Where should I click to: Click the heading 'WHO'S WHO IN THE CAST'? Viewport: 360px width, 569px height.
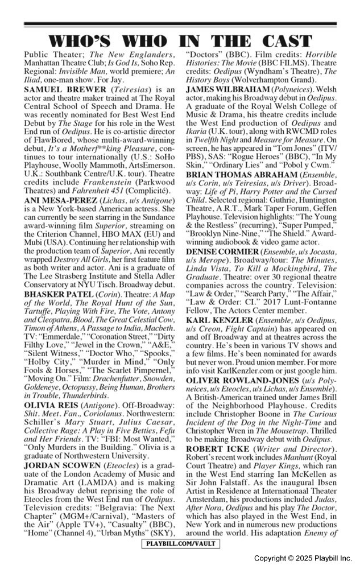180,41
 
